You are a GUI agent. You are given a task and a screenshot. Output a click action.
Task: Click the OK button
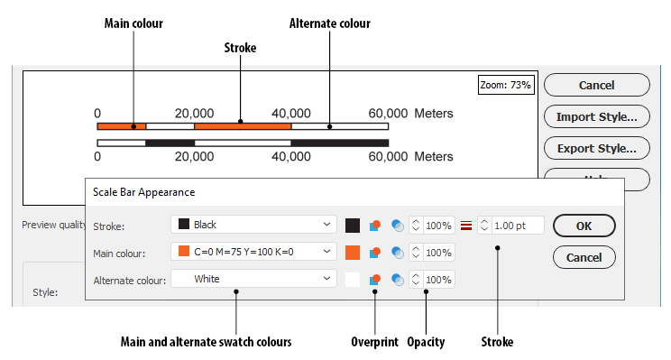click(x=584, y=226)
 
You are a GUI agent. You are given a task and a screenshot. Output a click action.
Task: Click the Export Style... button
click(x=596, y=148)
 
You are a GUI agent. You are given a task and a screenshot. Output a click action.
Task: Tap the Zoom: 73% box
click(x=505, y=85)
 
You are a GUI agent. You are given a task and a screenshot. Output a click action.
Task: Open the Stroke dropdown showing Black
click(x=253, y=225)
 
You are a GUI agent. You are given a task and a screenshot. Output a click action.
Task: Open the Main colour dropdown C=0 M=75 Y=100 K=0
click(x=253, y=252)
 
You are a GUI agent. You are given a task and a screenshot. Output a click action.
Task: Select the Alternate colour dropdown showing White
click(x=253, y=279)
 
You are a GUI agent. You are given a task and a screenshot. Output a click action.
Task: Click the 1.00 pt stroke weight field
click(x=510, y=226)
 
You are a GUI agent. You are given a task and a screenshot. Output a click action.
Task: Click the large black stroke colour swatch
click(x=353, y=226)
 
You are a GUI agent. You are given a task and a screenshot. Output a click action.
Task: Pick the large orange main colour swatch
click(x=353, y=253)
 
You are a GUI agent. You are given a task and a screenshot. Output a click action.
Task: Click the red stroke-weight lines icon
click(x=466, y=226)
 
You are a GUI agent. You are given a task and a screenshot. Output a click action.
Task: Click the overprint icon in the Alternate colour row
click(x=375, y=280)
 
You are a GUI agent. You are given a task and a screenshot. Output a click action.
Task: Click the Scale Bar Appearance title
click(x=143, y=192)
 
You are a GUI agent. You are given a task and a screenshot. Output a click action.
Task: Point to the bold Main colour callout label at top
click(x=133, y=23)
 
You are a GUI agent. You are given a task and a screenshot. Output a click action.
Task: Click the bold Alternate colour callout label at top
click(x=329, y=23)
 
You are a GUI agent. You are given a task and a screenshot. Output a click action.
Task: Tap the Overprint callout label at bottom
click(x=374, y=342)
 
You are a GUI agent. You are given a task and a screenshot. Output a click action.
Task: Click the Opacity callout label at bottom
click(x=426, y=342)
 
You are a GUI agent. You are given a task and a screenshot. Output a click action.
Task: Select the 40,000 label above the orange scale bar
click(x=291, y=114)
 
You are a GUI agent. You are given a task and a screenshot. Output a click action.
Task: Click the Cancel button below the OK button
click(x=584, y=257)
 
